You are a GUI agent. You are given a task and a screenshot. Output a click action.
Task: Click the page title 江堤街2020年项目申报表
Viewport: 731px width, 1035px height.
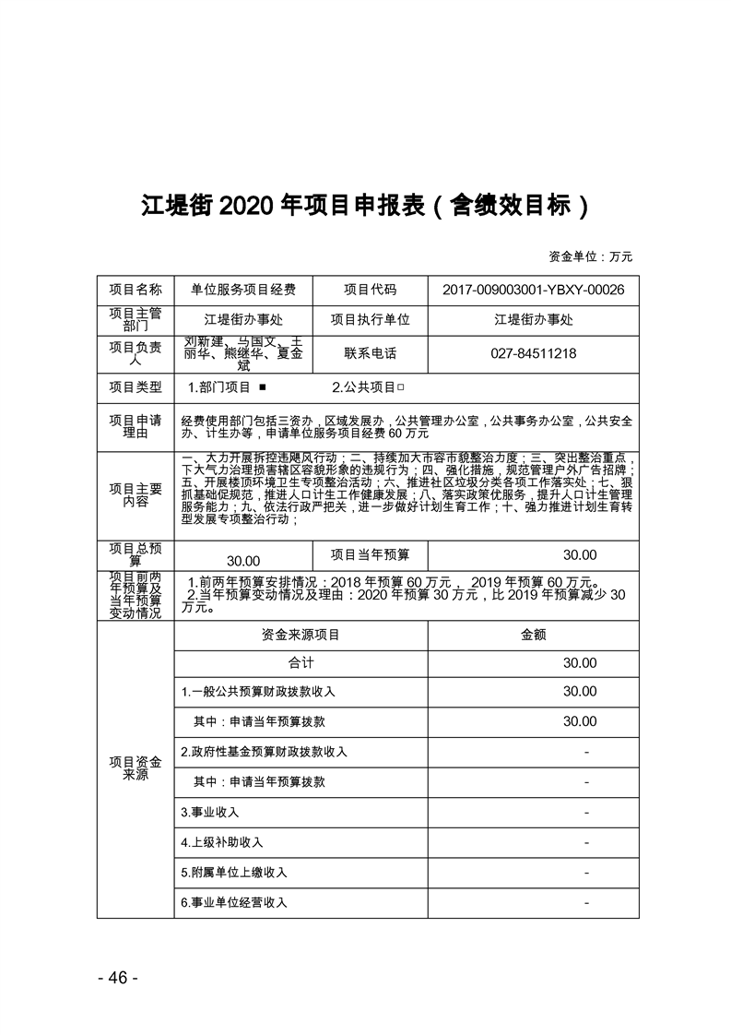point(365,204)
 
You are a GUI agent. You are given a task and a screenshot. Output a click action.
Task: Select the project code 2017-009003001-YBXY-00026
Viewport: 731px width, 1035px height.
point(533,290)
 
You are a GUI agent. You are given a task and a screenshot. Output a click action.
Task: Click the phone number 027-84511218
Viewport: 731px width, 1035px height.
point(533,353)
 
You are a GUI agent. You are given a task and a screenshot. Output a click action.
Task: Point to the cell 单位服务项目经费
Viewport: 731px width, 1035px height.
point(243,290)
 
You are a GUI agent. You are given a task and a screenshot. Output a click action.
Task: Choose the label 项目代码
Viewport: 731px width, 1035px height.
point(370,290)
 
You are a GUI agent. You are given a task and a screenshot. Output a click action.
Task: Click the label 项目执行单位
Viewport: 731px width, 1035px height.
point(370,320)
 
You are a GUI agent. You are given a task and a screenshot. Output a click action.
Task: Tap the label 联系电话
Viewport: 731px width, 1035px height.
point(370,353)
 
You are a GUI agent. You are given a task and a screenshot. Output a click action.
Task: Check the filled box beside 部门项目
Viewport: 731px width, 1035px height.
point(263,388)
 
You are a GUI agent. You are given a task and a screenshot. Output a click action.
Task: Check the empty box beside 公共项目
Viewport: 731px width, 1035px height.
point(401,388)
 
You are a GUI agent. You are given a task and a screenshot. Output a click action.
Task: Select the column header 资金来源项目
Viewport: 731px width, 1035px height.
point(301,635)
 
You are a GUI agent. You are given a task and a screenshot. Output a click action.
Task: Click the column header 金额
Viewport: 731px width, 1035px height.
point(533,635)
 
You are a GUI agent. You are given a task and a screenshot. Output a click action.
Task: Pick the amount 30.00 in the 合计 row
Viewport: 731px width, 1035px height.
point(580,663)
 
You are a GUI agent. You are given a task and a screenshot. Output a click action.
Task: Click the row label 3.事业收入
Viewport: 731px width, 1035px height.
point(210,812)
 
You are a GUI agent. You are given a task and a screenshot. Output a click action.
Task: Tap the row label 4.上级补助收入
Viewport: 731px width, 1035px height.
point(222,842)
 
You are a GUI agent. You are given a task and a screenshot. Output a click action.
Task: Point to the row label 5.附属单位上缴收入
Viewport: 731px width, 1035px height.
point(234,873)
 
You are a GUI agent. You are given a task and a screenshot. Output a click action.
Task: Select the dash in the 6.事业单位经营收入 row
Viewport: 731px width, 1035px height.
point(586,902)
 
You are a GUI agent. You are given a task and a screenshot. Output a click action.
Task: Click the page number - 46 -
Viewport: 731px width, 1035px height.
point(117,978)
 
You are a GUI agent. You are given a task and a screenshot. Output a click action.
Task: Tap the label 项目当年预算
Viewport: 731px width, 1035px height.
point(370,554)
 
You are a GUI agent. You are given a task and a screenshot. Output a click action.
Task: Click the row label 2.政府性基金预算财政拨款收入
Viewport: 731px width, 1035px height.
point(264,752)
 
